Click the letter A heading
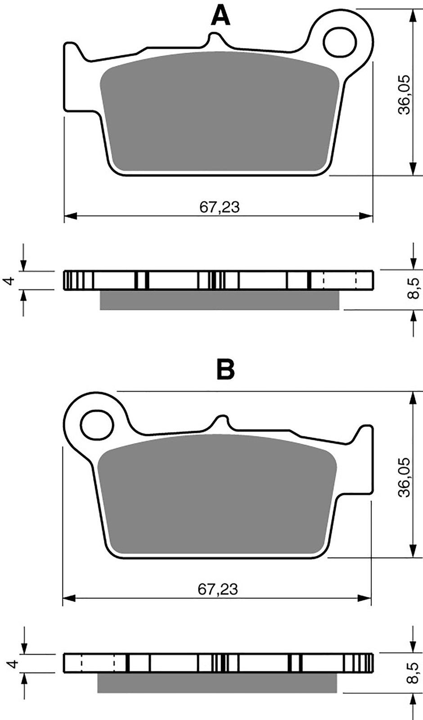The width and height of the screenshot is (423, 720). (x=220, y=16)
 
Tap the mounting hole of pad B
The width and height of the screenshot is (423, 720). (x=98, y=425)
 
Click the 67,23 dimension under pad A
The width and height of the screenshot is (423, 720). (x=220, y=207)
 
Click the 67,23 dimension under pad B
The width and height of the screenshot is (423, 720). (x=218, y=589)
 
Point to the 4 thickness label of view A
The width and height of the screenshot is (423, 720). (x=10, y=281)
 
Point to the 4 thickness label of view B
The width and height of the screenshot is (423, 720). (x=12, y=663)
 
